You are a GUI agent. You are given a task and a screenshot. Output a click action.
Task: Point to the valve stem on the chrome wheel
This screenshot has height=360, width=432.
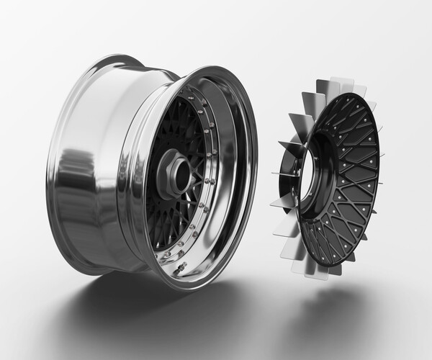[180, 267]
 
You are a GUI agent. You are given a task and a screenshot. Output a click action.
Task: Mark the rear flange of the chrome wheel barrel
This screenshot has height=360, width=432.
[108, 68]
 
